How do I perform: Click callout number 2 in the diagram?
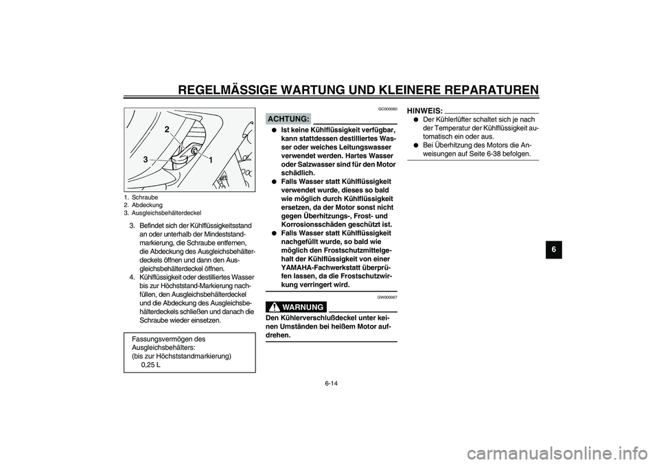tap(166, 129)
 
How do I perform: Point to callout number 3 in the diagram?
tap(146, 159)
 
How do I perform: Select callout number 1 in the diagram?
tap(211, 160)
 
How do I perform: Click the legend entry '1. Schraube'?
tap(141, 197)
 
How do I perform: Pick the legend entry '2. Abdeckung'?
tap(143, 204)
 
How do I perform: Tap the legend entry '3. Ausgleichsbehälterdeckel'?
tap(163, 213)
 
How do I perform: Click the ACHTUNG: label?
tap(288, 119)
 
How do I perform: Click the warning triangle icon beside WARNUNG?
tap(275, 306)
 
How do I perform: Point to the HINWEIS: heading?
tap(424, 110)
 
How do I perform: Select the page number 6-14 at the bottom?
tap(330, 383)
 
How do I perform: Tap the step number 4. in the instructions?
tap(132, 277)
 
